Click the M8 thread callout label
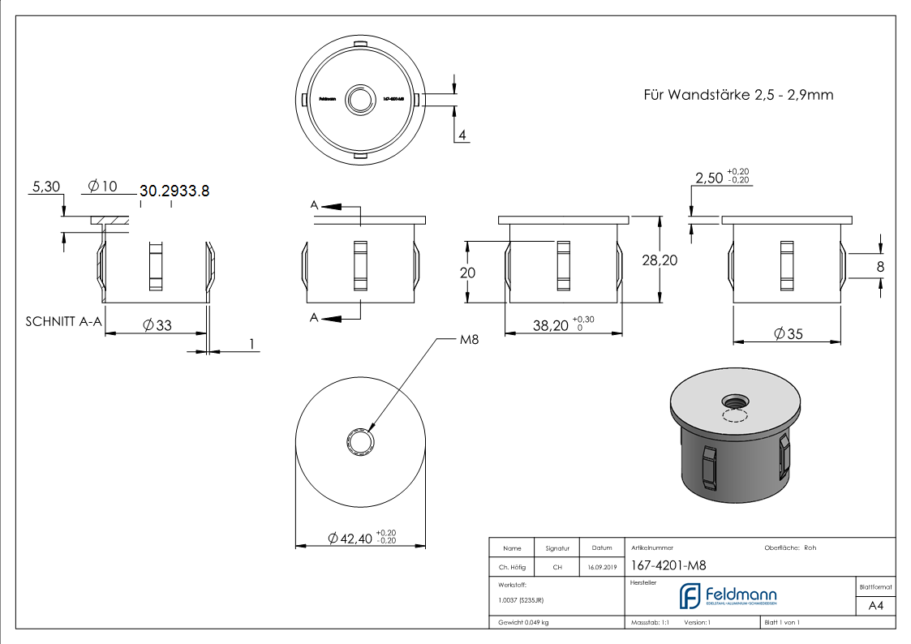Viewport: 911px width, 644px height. (469, 340)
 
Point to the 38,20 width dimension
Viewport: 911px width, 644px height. (552, 325)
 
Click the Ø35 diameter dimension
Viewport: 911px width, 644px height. (787, 333)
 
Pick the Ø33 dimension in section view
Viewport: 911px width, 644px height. (157, 324)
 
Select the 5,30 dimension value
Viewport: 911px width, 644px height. (45, 187)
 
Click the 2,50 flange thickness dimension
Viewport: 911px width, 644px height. (709, 178)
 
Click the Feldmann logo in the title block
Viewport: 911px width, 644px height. (728, 595)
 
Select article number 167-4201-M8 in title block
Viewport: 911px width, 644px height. (662, 567)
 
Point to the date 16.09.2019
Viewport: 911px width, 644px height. (602, 568)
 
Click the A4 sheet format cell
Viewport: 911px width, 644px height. (876, 606)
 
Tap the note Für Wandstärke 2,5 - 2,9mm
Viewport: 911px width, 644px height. (738, 95)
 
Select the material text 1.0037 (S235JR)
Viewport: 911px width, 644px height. (521, 600)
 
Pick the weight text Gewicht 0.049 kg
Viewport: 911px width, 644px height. (523, 622)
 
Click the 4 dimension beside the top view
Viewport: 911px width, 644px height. (462, 135)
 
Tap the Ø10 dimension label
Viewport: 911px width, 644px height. (102, 187)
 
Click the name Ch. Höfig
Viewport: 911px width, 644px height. (511, 568)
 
